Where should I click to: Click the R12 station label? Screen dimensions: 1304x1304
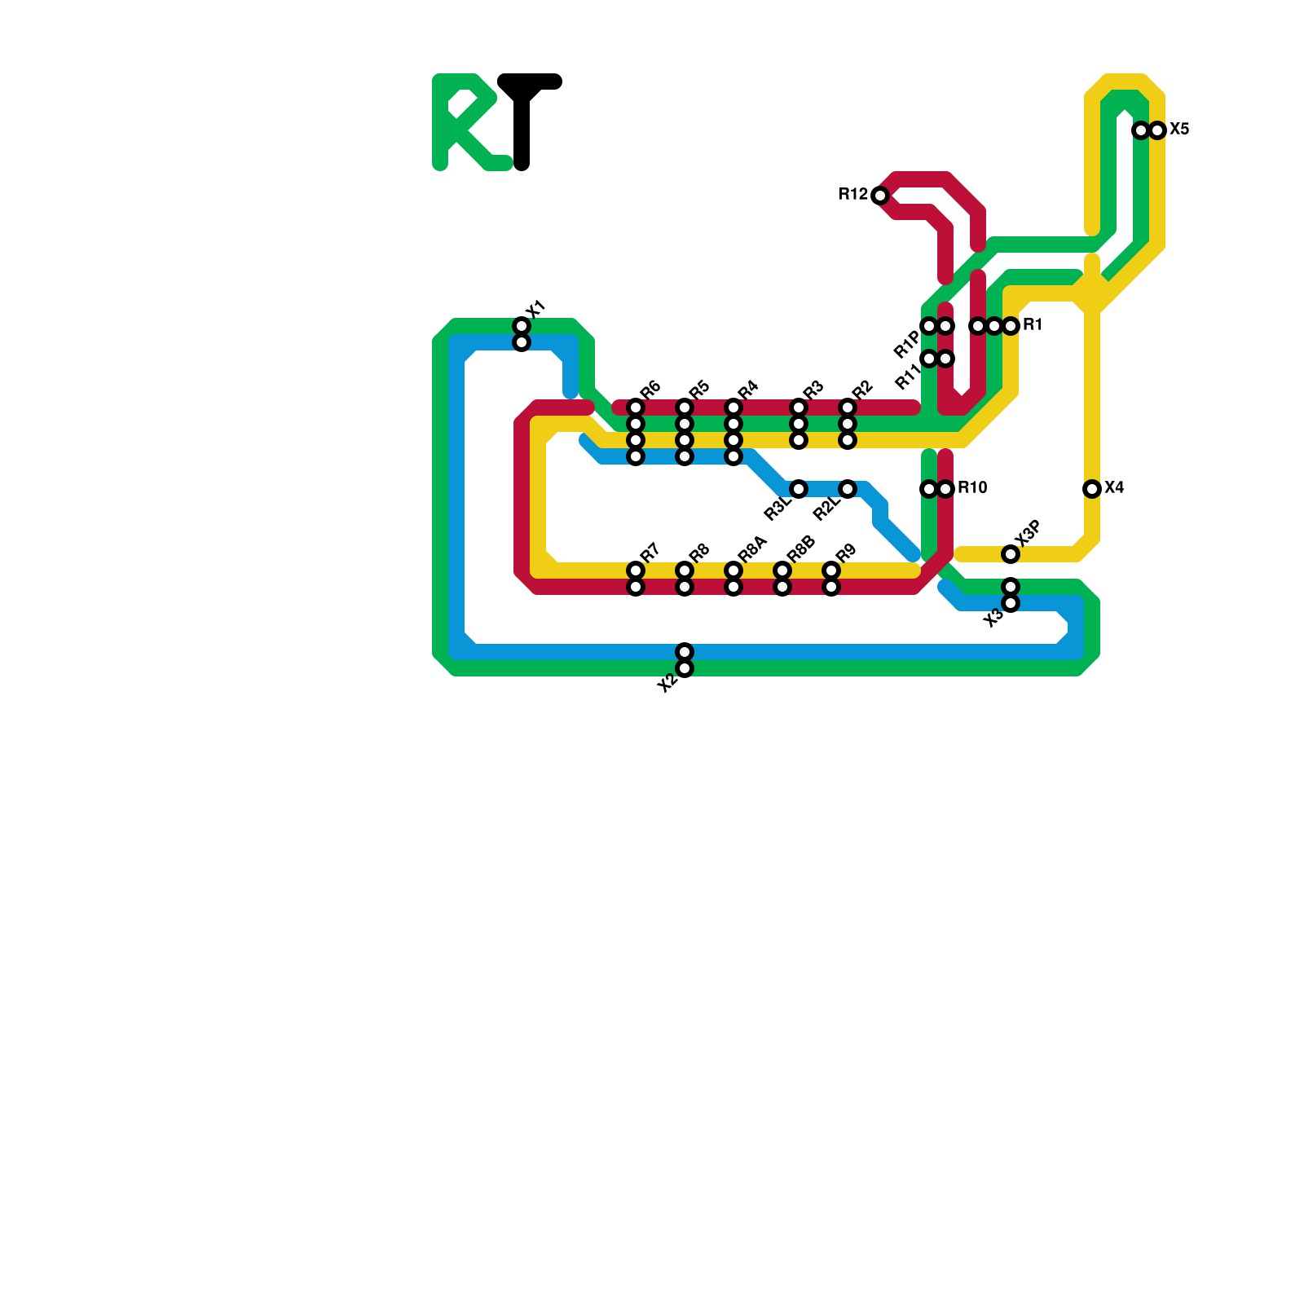(852, 195)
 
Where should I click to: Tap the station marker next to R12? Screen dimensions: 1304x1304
(879, 196)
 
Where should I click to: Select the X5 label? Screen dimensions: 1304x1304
(1179, 130)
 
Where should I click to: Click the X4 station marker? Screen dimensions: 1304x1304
(1092, 489)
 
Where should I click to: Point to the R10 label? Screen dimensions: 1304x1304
(972, 488)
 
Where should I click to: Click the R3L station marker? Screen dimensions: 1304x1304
(799, 489)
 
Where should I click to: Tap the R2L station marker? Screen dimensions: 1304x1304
(848, 489)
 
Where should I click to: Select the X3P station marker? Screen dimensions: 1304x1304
(1011, 554)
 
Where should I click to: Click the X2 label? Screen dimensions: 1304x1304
(667, 683)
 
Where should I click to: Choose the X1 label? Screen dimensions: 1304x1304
(535, 311)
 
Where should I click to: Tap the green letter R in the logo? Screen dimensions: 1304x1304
(465, 122)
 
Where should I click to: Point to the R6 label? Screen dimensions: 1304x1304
(650, 390)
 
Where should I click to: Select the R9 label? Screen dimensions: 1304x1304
(845, 553)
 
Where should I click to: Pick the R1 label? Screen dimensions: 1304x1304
(1033, 325)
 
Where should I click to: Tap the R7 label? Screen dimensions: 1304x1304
(650, 553)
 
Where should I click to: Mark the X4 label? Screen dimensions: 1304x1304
(1114, 488)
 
